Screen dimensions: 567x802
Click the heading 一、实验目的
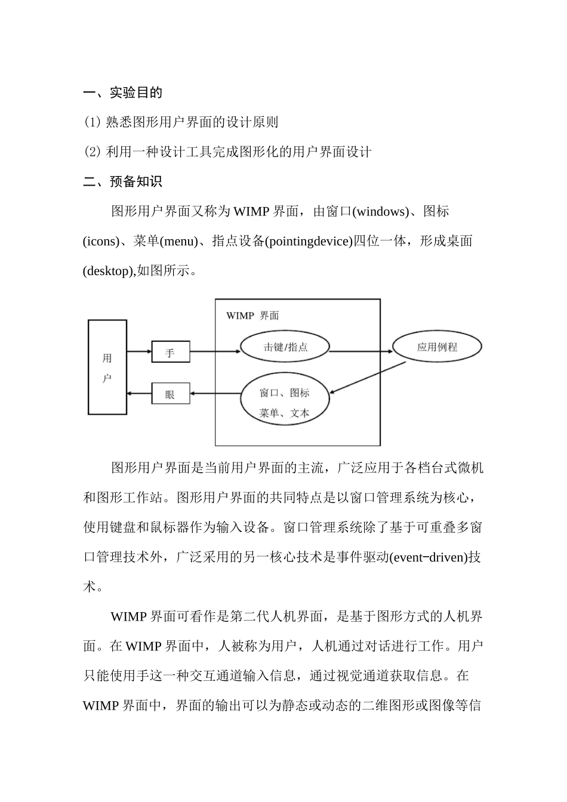[x=122, y=92]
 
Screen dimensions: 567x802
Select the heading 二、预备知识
[x=122, y=181]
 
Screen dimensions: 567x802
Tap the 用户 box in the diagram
[x=107, y=367]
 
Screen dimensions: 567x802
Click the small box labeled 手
[x=171, y=352]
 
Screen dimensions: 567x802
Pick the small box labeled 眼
[x=171, y=394]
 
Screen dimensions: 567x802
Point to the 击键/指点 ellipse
[x=285, y=347]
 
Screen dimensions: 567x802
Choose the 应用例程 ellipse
[x=437, y=347]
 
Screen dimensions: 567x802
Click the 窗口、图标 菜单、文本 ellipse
[x=285, y=402]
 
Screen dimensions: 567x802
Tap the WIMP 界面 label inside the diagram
[x=252, y=316]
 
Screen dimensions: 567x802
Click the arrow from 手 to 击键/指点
[x=215, y=351]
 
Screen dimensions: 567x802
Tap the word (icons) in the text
[x=100, y=241]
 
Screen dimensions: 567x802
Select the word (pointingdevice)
[x=309, y=241]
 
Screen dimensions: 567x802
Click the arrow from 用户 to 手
[x=139, y=351]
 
